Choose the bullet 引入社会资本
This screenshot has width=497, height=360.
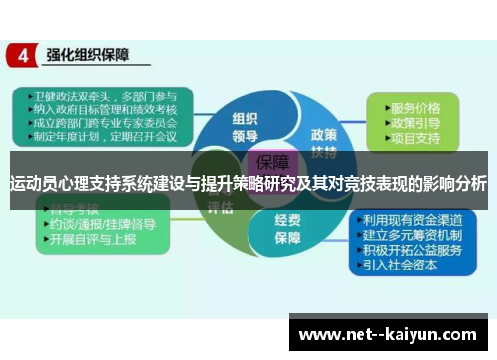click(409, 266)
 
